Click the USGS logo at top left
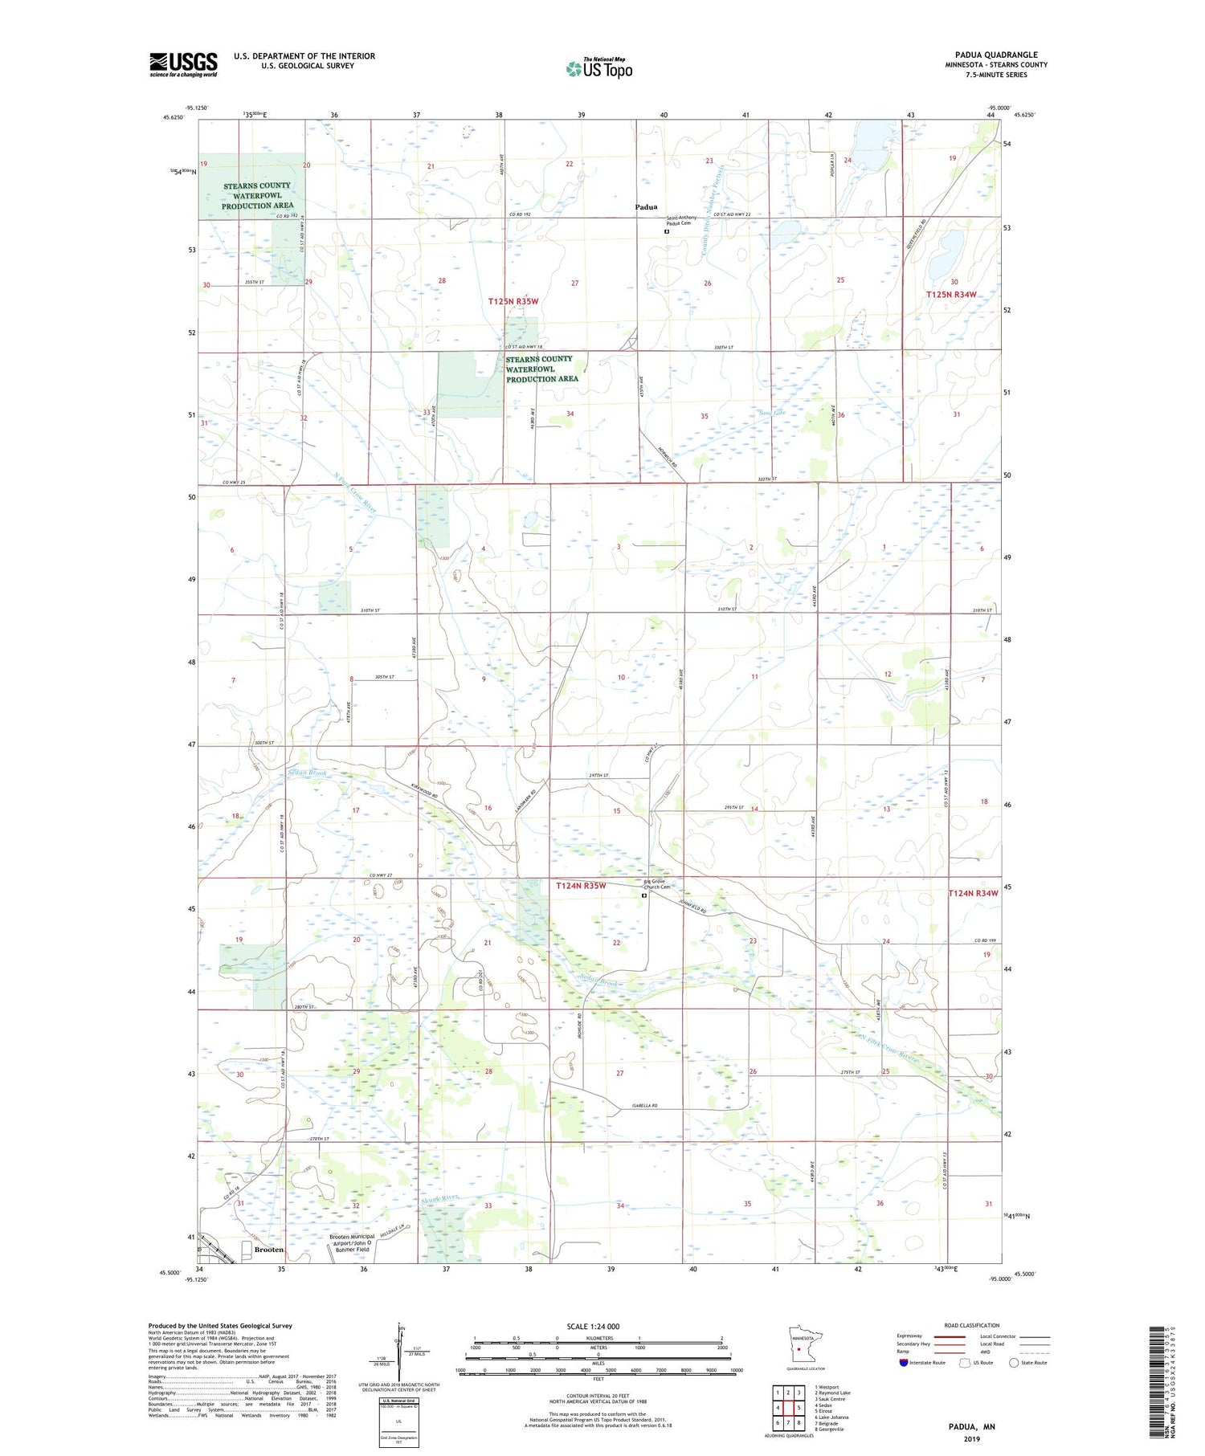point(183,64)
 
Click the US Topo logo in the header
point(598,69)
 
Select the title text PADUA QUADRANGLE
point(996,55)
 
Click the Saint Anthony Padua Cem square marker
point(667,232)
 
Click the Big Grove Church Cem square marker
point(644,896)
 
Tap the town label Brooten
point(268,1250)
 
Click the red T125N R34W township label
point(951,295)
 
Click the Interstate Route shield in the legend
point(904,1363)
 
